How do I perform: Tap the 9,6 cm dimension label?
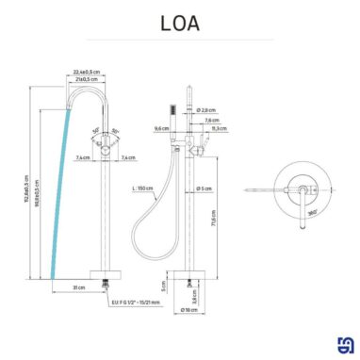[160, 128]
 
